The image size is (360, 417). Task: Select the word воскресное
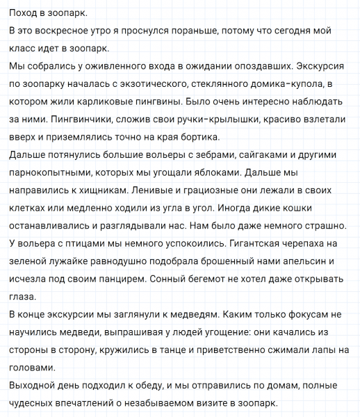coord(63,32)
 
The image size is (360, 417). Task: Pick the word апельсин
coord(303,261)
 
